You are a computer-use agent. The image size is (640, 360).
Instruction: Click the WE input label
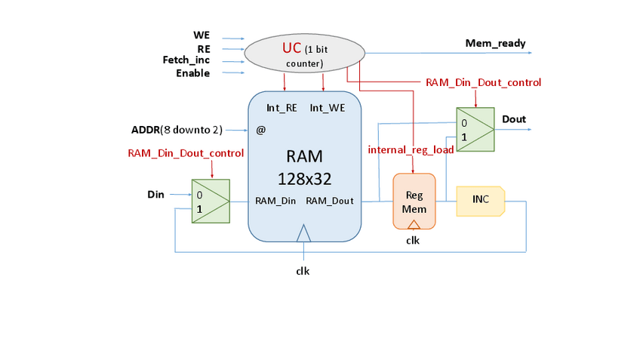point(202,35)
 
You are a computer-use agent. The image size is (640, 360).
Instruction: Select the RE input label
point(203,48)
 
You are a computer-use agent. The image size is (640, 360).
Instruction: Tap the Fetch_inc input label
point(186,60)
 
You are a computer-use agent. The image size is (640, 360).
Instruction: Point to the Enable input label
point(192,73)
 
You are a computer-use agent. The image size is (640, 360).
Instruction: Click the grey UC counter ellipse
point(304,53)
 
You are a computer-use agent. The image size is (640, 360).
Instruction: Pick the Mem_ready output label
point(495,44)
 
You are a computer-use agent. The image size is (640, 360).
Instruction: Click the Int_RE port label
point(281,109)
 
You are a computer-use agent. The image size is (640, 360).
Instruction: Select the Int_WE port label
point(327,109)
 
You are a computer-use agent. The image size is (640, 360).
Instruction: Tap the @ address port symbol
point(261,130)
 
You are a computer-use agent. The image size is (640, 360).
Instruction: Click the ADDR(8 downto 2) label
point(177,130)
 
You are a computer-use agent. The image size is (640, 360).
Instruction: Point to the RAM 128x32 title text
point(304,168)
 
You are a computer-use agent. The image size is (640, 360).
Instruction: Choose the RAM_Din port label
point(275,201)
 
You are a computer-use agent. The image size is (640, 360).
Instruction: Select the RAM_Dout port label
point(330,201)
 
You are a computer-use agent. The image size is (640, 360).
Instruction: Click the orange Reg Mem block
point(414,200)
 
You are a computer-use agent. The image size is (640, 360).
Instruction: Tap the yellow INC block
point(480,200)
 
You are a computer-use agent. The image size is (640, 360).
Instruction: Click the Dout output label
point(513,119)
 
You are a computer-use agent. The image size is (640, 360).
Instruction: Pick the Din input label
point(155,195)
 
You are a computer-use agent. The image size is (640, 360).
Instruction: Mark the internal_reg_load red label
point(411,149)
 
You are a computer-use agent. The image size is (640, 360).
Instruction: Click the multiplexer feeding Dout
point(475,130)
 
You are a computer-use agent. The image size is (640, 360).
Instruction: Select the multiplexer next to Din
point(210,201)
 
